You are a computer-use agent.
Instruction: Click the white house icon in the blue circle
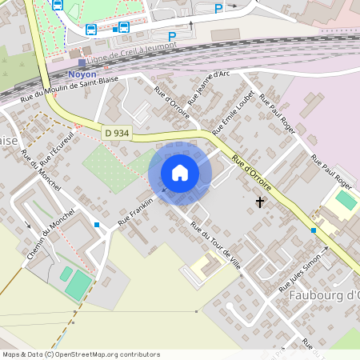180,172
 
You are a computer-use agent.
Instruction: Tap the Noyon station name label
82,74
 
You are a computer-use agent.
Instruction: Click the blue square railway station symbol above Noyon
82,62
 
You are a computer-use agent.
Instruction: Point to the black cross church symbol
259,202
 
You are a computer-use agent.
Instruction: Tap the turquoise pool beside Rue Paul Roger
346,199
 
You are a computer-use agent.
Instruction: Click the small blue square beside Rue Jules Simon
314,230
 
